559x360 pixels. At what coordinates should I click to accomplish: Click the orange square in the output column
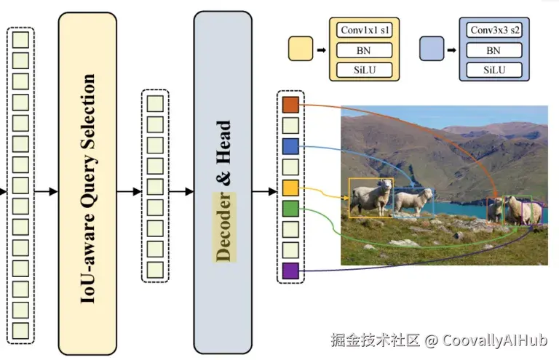pyautogui.click(x=290, y=105)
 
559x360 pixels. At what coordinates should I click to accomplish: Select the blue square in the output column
pyautogui.click(x=290, y=147)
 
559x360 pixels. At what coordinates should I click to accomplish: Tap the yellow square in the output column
pyautogui.click(x=290, y=188)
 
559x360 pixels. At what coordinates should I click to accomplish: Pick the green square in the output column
pyautogui.click(x=290, y=209)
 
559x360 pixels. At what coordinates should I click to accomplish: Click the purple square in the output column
pyautogui.click(x=290, y=271)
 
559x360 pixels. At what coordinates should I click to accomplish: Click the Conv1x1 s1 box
pyautogui.click(x=364, y=31)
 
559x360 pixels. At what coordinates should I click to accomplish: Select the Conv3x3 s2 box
pyautogui.click(x=493, y=31)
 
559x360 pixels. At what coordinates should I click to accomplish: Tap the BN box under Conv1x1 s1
pyautogui.click(x=364, y=51)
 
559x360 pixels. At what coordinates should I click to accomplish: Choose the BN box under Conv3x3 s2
pyautogui.click(x=493, y=51)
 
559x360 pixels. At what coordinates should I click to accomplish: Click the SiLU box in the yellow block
pyautogui.click(x=364, y=70)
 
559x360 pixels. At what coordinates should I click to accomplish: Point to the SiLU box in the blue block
pyautogui.click(x=493, y=70)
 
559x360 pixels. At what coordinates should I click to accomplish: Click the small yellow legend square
pyautogui.click(x=301, y=50)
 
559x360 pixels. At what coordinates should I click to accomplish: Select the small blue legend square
pyautogui.click(x=432, y=50)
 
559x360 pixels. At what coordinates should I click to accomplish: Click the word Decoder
pyautogui.click(x=224, y=226)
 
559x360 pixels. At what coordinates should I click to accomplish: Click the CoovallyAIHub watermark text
pyautogui.click(x=495, y=340)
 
